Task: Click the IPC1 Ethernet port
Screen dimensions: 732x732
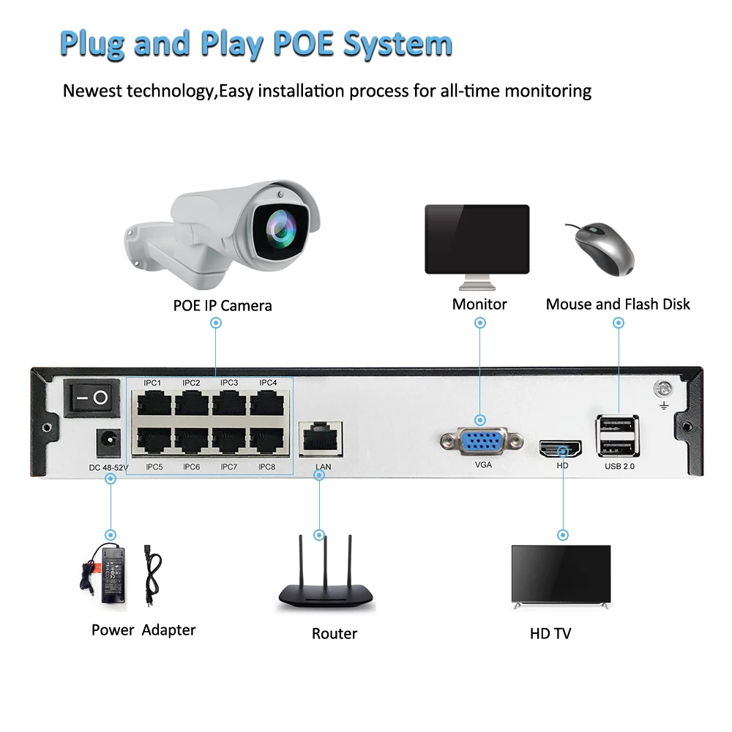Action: (154, 403)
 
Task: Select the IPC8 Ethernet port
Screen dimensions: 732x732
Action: (266, 440)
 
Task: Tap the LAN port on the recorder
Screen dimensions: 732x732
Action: (321, 438)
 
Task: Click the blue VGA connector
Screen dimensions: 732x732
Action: (482, 441)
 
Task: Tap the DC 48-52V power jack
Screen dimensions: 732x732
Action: (108, 444)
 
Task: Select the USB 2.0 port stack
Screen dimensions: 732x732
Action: (617, 436)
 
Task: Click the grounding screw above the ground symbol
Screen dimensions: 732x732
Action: (663, 389)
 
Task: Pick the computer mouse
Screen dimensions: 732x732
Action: (603, 250)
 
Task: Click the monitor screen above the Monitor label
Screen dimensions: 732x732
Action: (477, 239)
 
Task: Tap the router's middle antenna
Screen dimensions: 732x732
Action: (326, 563)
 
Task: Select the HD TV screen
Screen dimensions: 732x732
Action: (561, 573)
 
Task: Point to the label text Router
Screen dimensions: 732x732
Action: (335, 633)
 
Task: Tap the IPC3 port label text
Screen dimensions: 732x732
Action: (229, 383)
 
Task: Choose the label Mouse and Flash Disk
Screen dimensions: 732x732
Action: (618, 305)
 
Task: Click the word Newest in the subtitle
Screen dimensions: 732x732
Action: (92, 91)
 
